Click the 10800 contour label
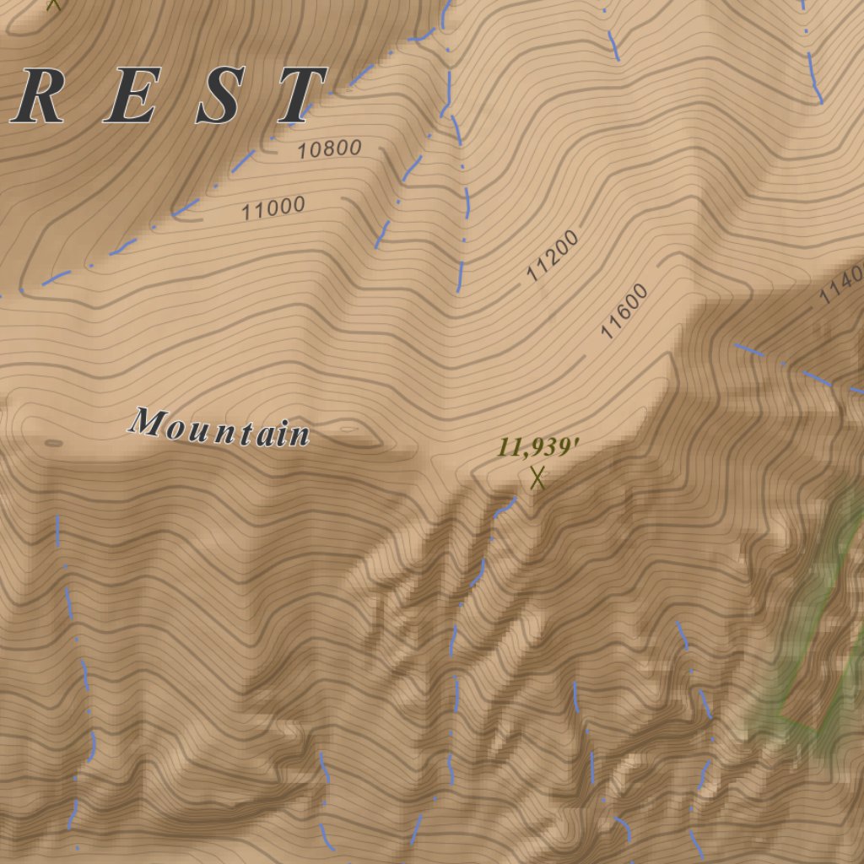click(329, 150)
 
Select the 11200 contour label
click(553, 256)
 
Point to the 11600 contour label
click(624, 311)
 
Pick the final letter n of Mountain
click(300, 435)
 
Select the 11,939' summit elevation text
click(537, 447)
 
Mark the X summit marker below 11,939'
click(537, 479)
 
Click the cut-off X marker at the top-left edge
click(55, 3)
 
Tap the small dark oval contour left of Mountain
click(52, 442)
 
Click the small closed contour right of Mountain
click(348, 429)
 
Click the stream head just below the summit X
click(511, 499)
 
